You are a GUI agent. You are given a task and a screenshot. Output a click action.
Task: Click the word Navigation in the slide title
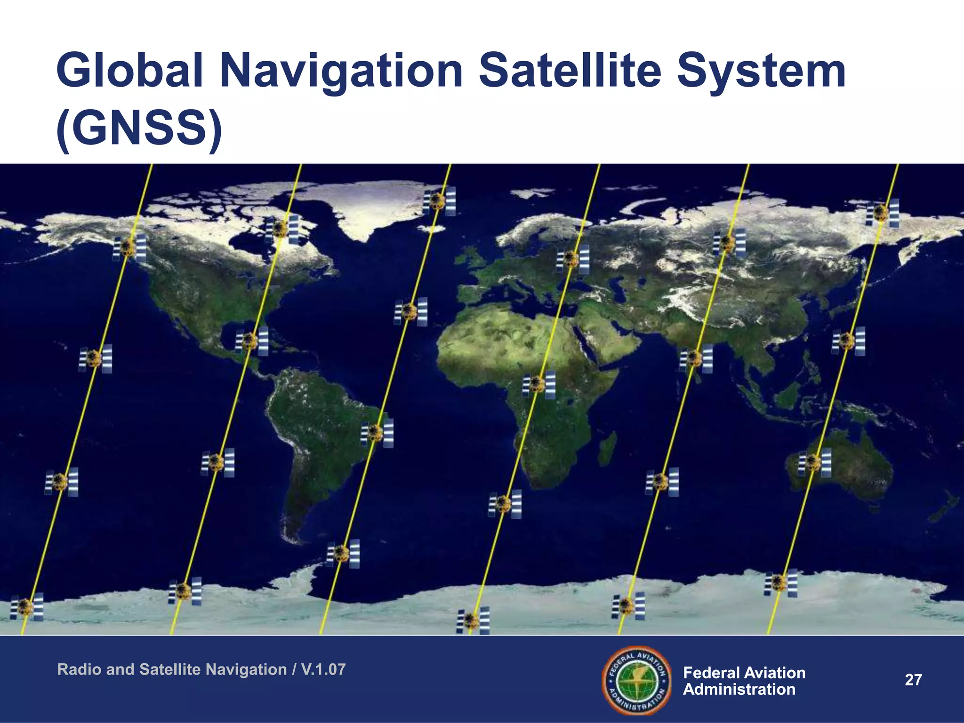pos(342,72)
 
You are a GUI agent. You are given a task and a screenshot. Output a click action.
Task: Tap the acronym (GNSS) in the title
pos(139,129)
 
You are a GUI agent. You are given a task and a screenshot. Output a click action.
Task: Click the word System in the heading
pos(761,72)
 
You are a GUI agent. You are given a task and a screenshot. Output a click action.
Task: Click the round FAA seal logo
pos(637,680)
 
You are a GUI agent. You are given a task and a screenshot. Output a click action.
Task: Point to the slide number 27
pos(913,680)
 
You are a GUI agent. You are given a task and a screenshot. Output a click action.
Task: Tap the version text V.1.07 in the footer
pos(323,669)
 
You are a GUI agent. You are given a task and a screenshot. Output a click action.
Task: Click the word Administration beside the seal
pos(739,689)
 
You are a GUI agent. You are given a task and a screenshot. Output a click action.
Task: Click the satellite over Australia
pos(814,462)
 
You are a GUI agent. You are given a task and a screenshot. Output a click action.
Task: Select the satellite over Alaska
pos(129,248)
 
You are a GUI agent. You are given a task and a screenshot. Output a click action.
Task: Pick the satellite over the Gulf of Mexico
pos(251,341)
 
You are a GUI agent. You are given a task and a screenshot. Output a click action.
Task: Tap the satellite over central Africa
pos(538,384)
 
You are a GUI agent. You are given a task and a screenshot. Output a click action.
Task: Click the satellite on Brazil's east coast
pos(377,432)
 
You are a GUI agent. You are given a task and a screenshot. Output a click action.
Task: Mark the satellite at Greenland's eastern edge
pos(439,201)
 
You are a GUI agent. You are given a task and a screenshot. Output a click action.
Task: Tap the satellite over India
pos(695,358)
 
